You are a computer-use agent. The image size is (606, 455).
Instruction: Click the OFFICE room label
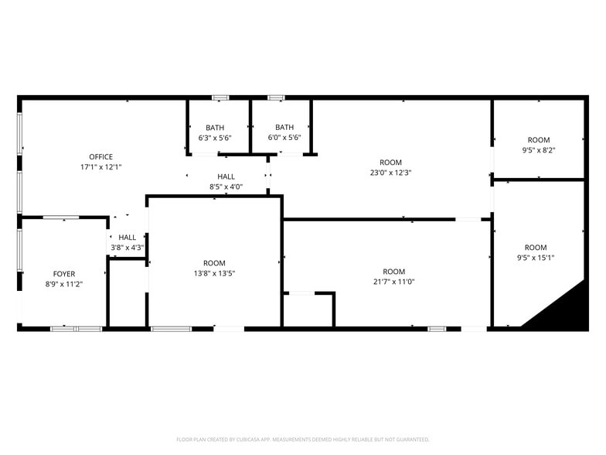(100, 157)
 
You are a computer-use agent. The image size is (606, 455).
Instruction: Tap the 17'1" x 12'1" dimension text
(100, 167)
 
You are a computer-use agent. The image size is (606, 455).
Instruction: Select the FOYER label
(64, 274)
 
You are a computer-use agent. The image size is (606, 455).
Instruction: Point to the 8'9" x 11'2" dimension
(64, 284)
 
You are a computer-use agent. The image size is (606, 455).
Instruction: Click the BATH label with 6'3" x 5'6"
(215, 128)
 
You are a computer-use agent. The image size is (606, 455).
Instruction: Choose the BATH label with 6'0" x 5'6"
(284, 128)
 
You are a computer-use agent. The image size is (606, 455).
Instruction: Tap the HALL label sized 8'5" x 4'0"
(226, 176)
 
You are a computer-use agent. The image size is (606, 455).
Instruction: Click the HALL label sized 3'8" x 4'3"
(127, 238)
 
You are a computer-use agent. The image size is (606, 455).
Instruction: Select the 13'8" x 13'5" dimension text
(214, 273)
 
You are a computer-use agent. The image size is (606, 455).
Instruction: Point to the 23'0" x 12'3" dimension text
(390, 173)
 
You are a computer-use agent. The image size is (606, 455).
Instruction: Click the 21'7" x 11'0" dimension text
(393, 282)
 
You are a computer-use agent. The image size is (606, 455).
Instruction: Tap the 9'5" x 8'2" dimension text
(539, 150)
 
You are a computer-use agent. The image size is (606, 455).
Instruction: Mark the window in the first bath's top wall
(220, 97)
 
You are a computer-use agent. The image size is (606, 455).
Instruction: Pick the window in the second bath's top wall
(276, 97)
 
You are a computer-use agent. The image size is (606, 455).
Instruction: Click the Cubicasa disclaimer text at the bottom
(303, 439)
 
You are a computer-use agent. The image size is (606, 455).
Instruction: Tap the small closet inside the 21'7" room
(308, 310)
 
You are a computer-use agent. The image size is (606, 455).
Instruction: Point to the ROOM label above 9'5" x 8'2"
(539, 140)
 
